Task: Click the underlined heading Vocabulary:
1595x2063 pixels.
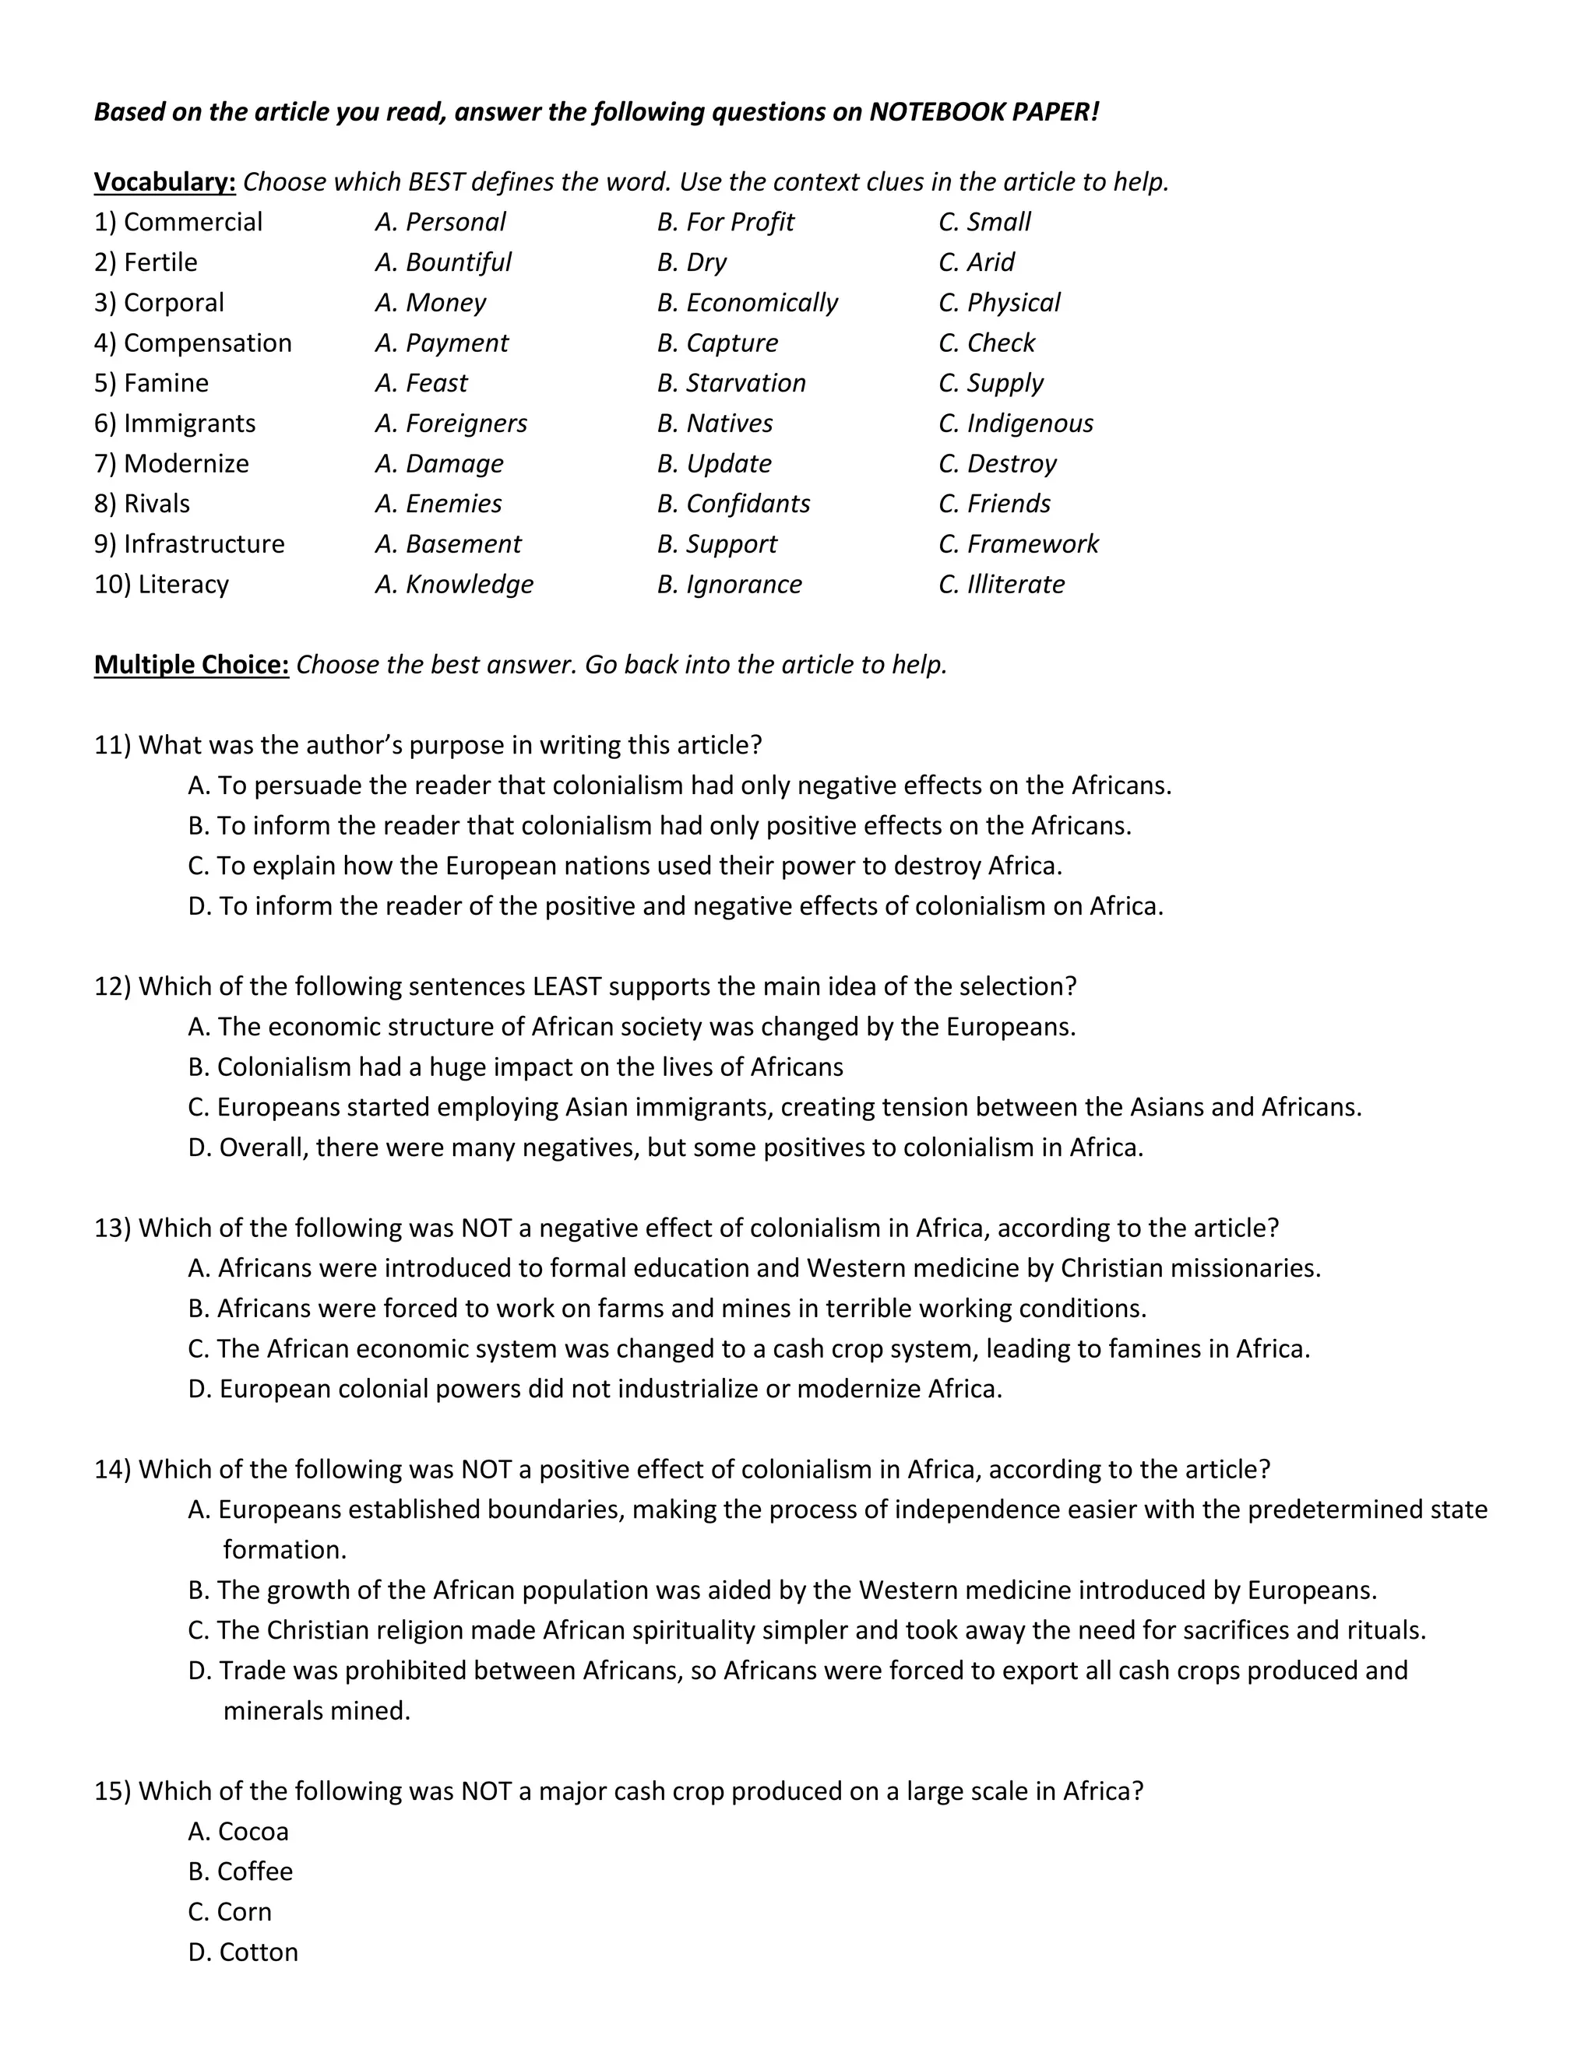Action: pos(164,181)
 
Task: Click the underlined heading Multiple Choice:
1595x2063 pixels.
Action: pos(191,664)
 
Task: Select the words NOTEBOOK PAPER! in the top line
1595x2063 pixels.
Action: pos(984,111)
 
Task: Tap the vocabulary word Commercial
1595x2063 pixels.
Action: pos(193,222)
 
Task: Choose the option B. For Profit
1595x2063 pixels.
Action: pos(726,222)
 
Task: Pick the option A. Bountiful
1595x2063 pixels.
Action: pos(443,262)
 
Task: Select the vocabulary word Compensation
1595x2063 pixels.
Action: pos(207,343)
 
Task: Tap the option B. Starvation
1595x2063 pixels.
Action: pos(731,382)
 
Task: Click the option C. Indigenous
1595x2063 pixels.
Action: pos(1016,423)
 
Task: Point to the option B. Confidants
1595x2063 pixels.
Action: pos(733,504)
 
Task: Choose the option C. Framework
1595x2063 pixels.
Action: pos(1018,544)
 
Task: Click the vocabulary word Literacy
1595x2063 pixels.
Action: pos(182,584)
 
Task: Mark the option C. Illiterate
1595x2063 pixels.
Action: pos(1002,584)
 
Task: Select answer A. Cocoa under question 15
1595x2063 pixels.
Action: pos(238,1831)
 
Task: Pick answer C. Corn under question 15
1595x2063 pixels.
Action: pos(230,1911)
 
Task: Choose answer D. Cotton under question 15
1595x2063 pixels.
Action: pos(243,1952)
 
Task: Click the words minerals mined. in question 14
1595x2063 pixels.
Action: pos(316,1710)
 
